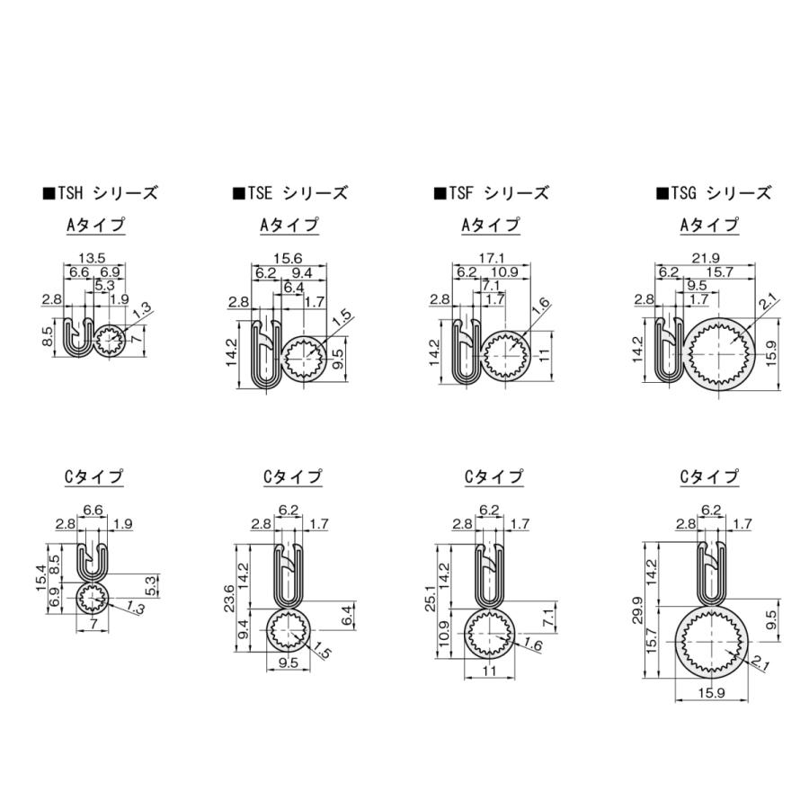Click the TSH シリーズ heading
(100, 192)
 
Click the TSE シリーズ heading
(289, 192)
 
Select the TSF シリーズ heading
(491, 192)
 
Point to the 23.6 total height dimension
(229, 600)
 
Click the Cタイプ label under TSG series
(708, 476)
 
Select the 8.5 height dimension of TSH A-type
(48, 335)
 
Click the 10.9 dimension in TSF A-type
(505, 272)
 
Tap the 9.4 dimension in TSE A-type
(301, 272)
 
